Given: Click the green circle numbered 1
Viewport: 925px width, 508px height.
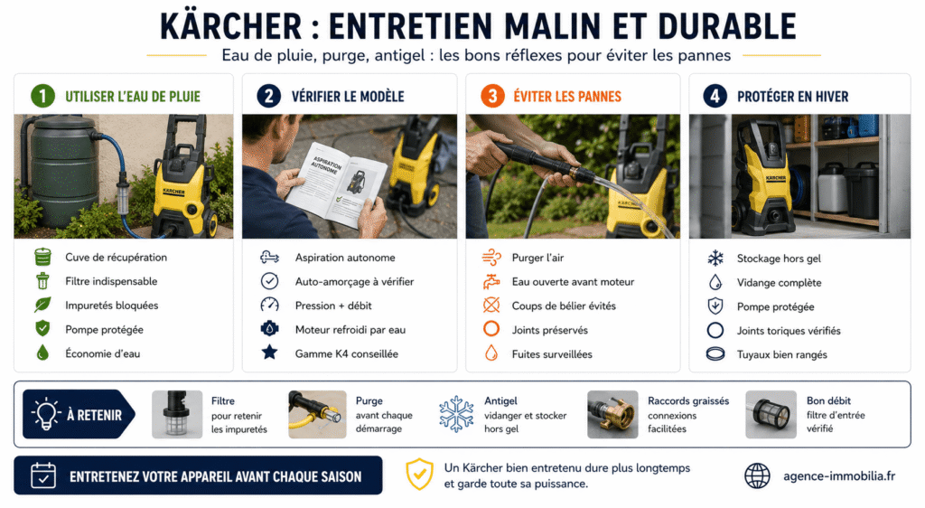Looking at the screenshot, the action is (x=42, y=96).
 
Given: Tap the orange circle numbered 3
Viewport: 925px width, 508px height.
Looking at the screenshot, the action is (x=492, y=96).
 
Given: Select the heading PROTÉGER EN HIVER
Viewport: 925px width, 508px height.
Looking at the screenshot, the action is (x=792, y=96).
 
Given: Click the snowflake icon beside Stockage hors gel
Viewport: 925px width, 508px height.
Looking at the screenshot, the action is (x=715, y=258).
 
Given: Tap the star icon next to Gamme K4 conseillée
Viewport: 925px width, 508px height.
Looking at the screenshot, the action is (x=269, y=353).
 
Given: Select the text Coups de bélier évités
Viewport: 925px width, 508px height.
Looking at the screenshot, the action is (x=564, y=306).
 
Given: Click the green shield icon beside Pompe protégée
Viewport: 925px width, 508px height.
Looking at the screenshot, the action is (x=42, y=329).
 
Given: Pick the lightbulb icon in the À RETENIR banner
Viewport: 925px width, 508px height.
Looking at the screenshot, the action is (x=47, y=414).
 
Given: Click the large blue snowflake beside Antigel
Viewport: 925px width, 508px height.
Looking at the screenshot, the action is (x=456, y=414).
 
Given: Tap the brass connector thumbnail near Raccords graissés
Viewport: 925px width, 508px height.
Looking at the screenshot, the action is (x=612, y=414).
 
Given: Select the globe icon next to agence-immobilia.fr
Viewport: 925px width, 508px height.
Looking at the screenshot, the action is (x=757, y=475).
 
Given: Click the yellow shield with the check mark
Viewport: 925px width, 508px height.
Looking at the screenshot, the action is (x=419, y=475).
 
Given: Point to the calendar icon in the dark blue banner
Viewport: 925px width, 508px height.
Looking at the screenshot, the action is (x=43, y=475).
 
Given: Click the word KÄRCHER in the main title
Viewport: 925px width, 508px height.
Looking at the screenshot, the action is (x=230, y=26).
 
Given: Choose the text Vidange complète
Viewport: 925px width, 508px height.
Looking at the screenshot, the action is (x=779, y=283).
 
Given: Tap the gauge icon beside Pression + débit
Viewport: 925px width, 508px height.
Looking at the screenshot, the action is (x=269, y=305).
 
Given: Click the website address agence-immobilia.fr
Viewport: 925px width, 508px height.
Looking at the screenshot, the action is (x=839, y=476).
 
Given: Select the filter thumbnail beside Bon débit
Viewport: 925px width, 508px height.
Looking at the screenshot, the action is (x=771, y=414).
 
